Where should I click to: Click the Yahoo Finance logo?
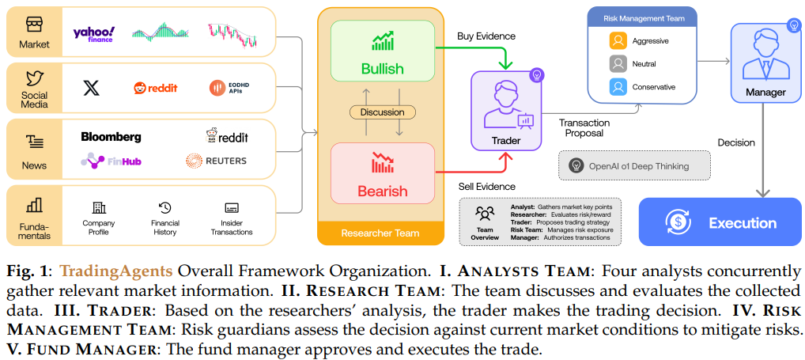click(93, 33)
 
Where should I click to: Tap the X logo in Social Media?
click(92, 88)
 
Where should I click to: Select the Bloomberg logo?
click(111, 137)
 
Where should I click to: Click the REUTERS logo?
click(216, 161)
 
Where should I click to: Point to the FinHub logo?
click(111, 161)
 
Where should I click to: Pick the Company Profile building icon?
click(99, 208)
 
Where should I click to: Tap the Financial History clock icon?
click(164, 208)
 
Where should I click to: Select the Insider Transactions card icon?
click(232, 208)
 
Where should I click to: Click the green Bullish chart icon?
click(383, 40)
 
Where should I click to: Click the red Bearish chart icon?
click(383, 162)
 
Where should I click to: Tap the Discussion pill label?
click(383, 112)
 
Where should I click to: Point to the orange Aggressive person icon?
click(618, 40)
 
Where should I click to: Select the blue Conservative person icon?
click(618, 87)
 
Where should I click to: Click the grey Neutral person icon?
click(618, 63)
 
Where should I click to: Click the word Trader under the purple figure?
click(506, 140)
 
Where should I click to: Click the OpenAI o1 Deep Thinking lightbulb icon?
click(576, 165)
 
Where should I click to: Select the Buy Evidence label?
click(486, 36)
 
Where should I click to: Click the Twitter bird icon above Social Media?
click(34, 78)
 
